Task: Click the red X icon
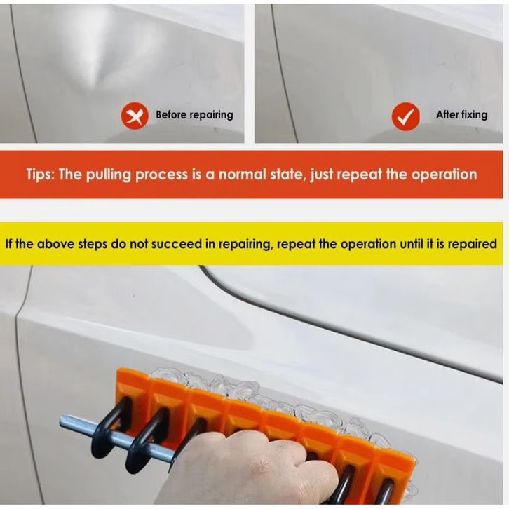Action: coord(135,116)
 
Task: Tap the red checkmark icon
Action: coord(405,116)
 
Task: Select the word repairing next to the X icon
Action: coord(211,115)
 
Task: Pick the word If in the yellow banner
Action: coord(9,243)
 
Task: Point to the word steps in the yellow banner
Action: coord(93,245)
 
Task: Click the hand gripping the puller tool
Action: coord(243,468)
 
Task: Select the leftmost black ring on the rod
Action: coord(110,426)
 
